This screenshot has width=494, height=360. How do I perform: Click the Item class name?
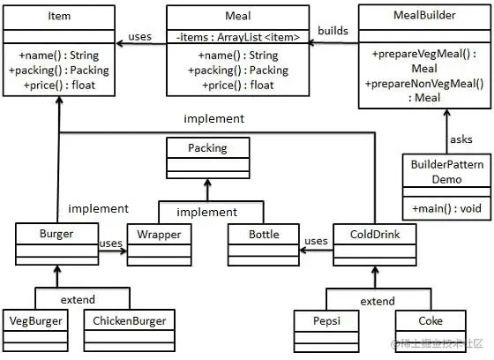pyautogui.click(x=59, y=16)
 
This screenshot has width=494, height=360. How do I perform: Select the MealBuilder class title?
pyautogui.click(x=424, y=15)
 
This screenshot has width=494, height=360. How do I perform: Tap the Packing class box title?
pyautogui.click(x=207, y=148)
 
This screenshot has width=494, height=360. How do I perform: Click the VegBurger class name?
pyautogui.click(x=35, y=321)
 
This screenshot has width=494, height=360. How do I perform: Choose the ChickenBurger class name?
pyautogui.click(x=129, y=321)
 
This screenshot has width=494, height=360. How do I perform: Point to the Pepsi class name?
pyautogui.click(x=326, y=321)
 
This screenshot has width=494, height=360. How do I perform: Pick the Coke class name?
pyautogui.click(x=430, y=321)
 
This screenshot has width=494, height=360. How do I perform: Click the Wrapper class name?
pyautogui.click(x=159, y=235)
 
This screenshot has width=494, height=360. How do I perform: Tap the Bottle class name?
pyautogui.click(x=264, y=234)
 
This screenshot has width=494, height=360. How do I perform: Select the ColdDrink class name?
pyautogui.click(x=375, y=234)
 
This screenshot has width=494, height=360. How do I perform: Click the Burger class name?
pyautogui.click(x=56, y=234)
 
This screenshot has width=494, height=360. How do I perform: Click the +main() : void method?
pyautogui.click(x=446, y=208)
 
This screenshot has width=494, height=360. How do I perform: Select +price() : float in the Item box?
pyautogui.click(x=59, y=85)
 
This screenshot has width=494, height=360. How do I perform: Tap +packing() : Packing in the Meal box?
pyautogui.click(x=238, y=71)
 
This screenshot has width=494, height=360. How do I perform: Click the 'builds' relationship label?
pyautogui.click(x=333, y=31)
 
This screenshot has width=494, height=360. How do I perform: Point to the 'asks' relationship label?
pyautogui.click(x=461, y=139)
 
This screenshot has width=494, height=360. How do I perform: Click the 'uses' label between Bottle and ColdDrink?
pyautogui.click(x=316, y=241)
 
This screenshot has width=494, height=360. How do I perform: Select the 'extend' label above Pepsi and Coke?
pyautogui.click(x=378, y=302)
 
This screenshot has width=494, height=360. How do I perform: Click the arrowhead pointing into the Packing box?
pyautogui.click(x=207, y=183)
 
